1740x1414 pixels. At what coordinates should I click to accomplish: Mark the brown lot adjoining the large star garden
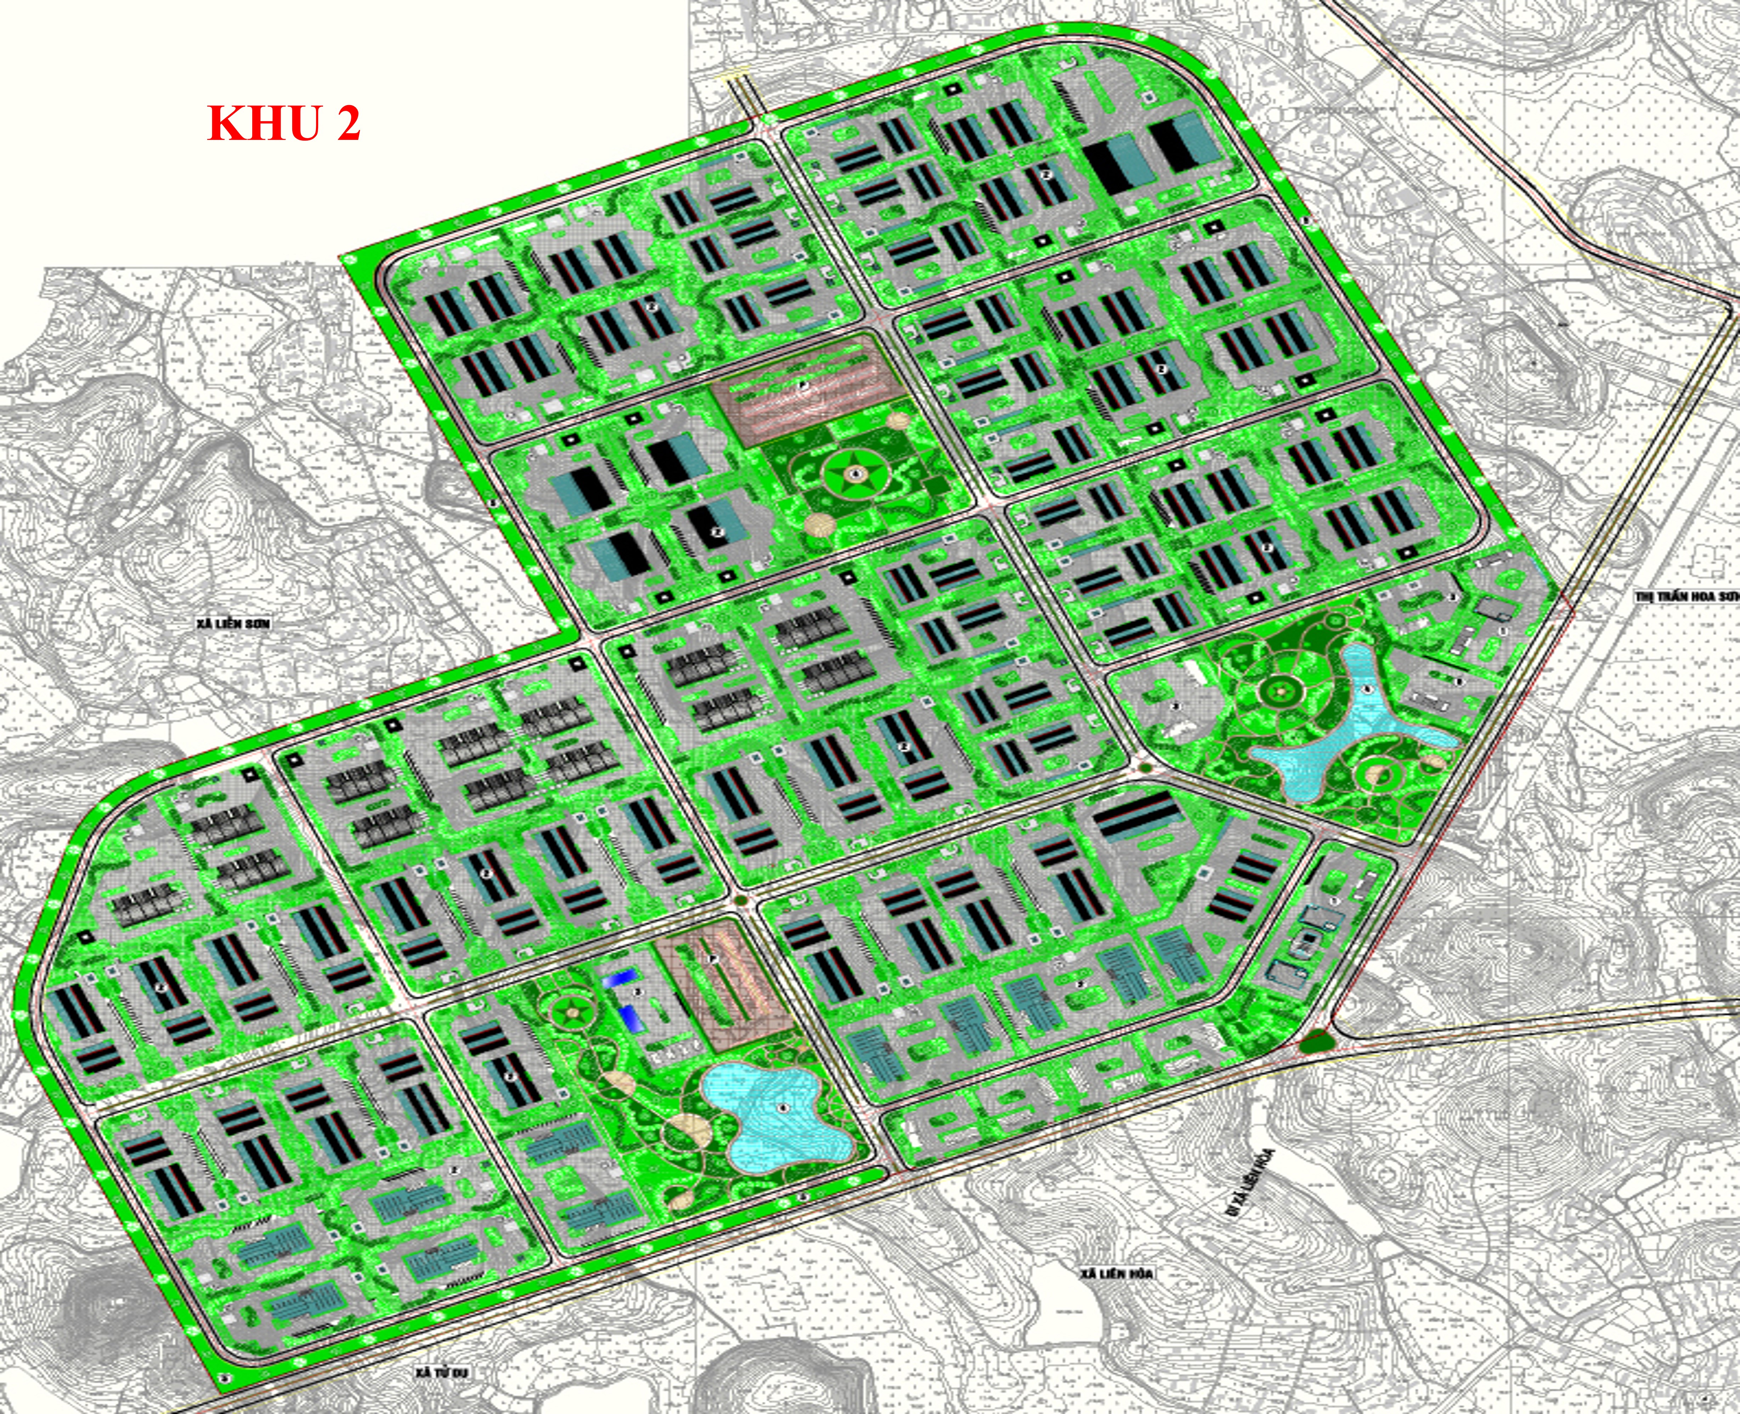click(807, 389)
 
